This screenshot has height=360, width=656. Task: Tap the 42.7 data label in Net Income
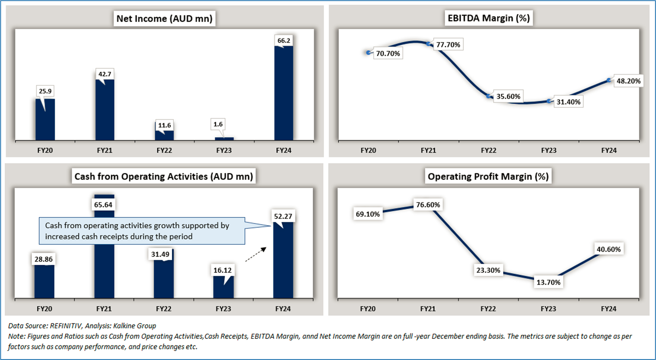click(x=104, y=74)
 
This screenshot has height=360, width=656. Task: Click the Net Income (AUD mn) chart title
click(x=164, y=19)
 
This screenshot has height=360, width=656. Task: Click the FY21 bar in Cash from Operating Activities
click(x=104, y=253)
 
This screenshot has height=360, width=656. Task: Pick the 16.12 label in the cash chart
click(x=223, y=271)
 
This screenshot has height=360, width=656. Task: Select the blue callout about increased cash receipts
click(x=143, y=231)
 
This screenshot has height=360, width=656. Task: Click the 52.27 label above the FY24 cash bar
click(x=283, y=217)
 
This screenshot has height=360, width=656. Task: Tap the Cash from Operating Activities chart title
click(x=164, y=177)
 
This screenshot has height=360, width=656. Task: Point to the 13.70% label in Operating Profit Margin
click(x=548, y=282)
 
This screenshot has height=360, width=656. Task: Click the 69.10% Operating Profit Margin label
click(x=368, y=214)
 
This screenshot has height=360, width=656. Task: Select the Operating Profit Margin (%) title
click(x=488, y=177)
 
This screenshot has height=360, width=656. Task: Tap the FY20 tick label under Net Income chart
click(x=45, y=150)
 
